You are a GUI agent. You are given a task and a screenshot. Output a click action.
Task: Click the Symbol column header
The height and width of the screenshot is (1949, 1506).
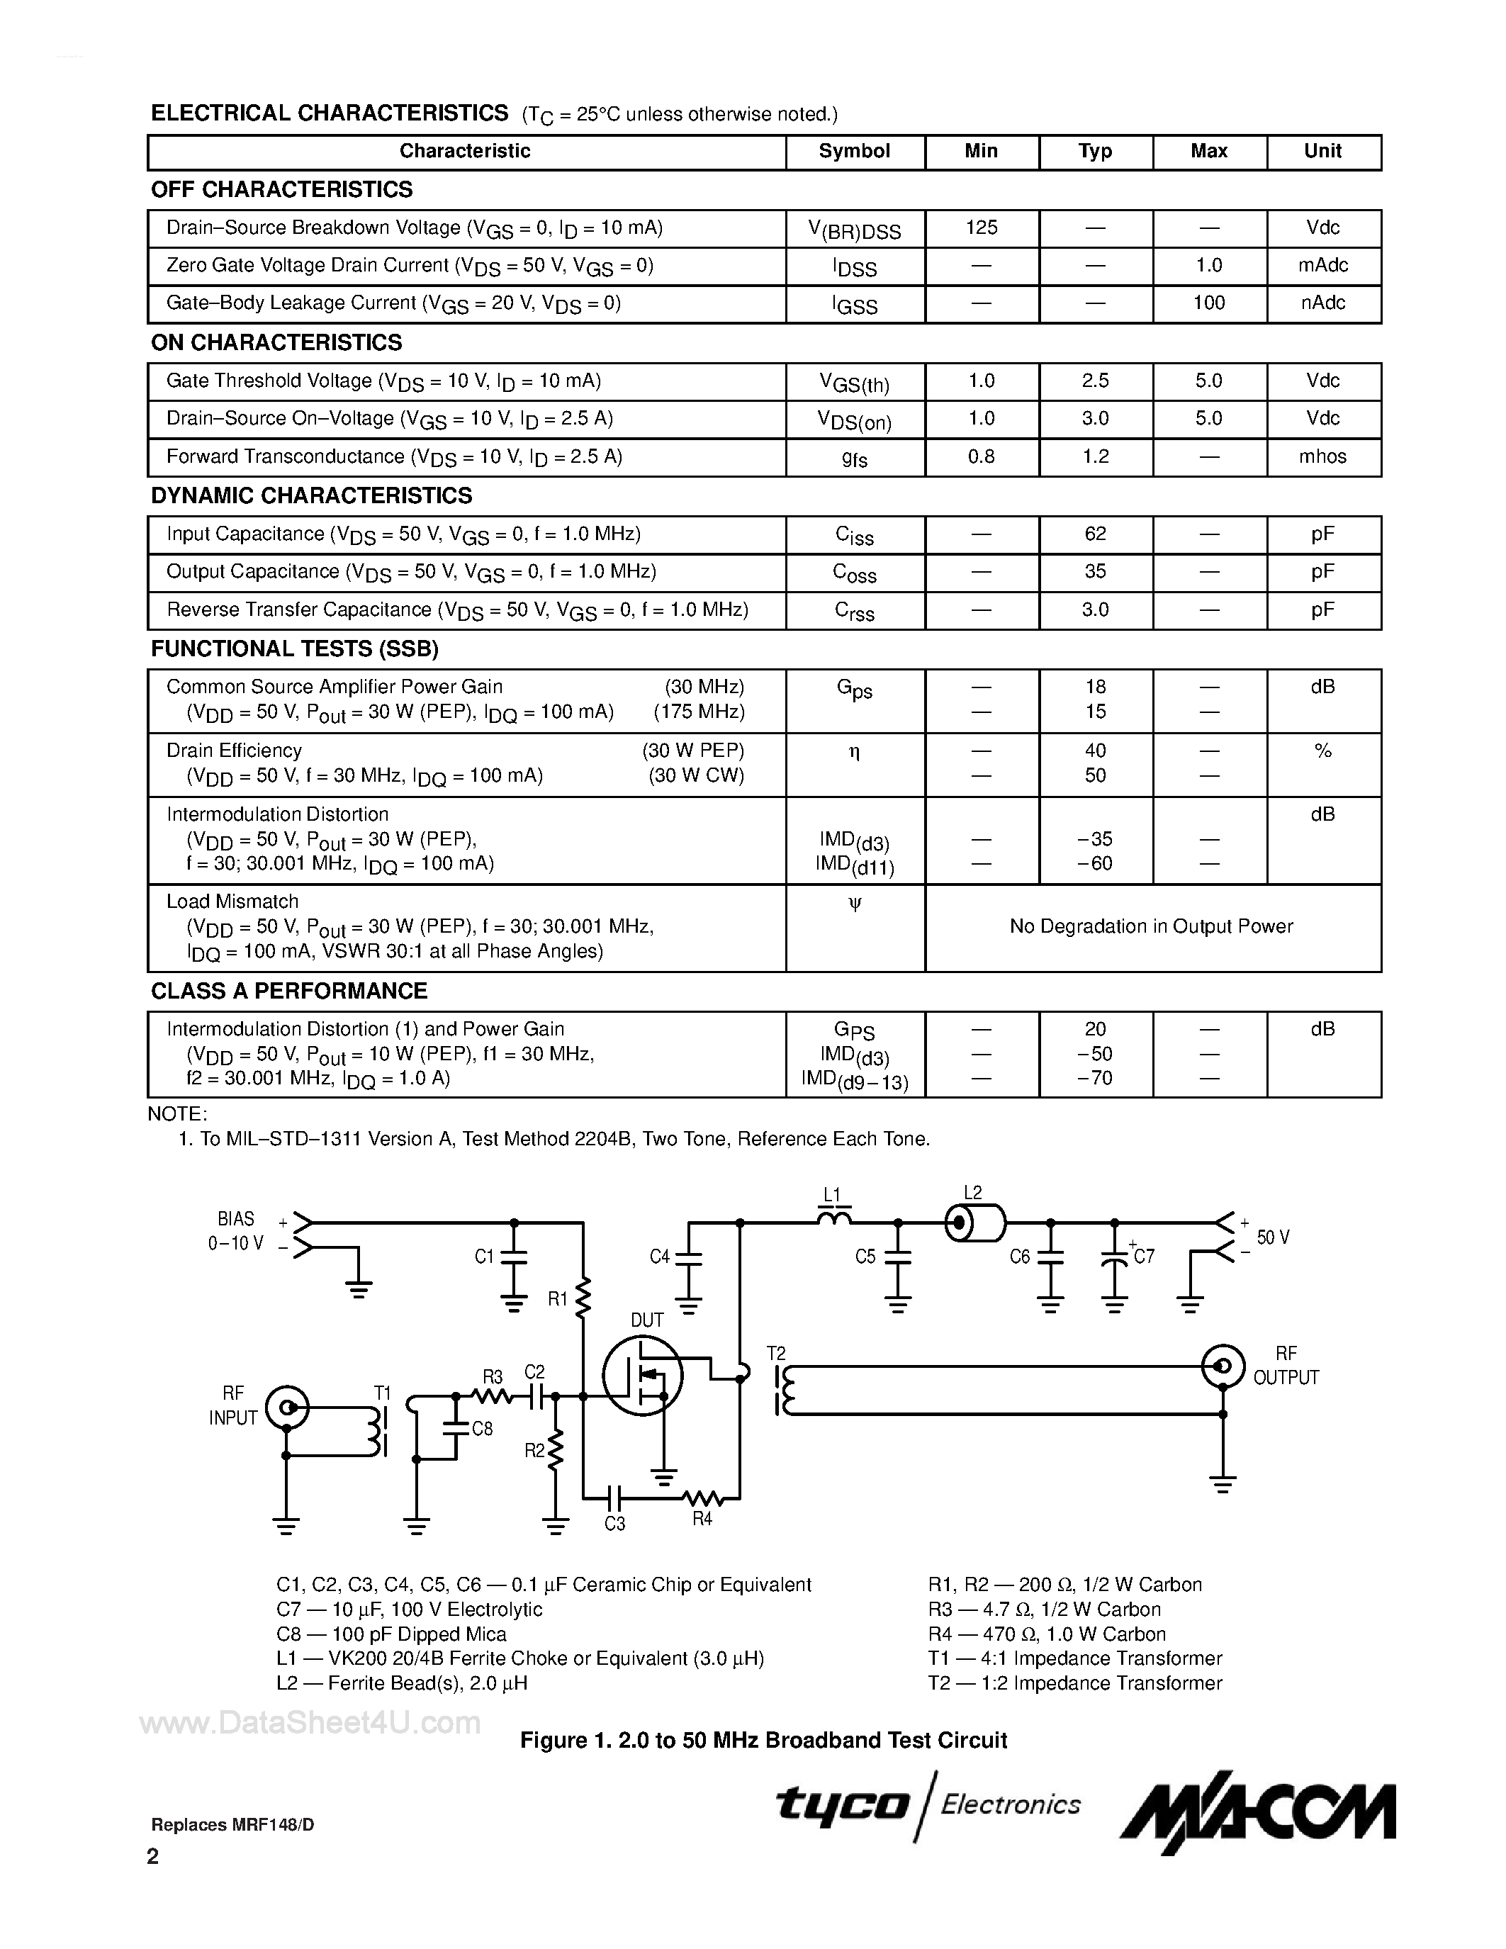pyautogui.click(x=854, y=151)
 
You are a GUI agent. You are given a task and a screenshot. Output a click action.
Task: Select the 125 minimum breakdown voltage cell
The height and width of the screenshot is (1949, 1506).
pyautogui.click(x=982, y=228)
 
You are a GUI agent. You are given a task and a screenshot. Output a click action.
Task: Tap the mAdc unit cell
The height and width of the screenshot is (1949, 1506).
pyautogui.click(x=1322, y=265)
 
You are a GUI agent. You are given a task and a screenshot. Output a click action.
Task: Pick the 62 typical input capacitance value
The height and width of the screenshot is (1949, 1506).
pyautogui.click(x=1095, y=534)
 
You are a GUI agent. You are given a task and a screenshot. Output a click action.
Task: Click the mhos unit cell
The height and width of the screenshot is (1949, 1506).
pyautogui.click(x=1322, y=457)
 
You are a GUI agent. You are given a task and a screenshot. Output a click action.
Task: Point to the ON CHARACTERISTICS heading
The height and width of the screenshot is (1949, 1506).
pyautogui.click(x=276, y=343)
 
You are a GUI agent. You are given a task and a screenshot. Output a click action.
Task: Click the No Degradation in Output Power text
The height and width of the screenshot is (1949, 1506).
pyautogui.click(x=1151, y=926)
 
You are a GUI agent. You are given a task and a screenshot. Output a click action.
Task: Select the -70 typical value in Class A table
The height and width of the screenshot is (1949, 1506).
pyautogui.click(x=1095, y=1078)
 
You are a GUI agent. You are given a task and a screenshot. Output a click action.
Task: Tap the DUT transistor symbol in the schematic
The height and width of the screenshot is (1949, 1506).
pyautogui.click(x=642, y=1375)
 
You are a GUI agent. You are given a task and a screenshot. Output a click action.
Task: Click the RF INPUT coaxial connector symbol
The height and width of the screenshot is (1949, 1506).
pyautogui.click(x=287, y=1408)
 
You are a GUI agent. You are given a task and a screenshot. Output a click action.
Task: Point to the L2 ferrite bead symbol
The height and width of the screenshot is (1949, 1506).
pyautogui.click(x=974, y=1223)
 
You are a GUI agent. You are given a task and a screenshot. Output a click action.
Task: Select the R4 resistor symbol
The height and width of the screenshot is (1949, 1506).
pyautogui.click(x=701, y=1498)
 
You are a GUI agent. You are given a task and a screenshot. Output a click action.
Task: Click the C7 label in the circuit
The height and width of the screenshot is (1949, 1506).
pyautogui.click(x=1144, y=1257)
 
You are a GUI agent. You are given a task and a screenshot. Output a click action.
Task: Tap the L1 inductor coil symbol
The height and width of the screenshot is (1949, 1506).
pyautogui.click(x=834, y=1216)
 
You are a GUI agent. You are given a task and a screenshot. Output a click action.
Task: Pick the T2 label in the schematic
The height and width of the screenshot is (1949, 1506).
pyautogui.click(x=775, y=1354)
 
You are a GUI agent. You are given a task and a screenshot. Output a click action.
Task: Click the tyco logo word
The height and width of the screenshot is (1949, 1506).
pyautogui.click(x=841, y=1804)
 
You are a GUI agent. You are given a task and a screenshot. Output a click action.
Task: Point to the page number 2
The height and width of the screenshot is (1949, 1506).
pyautogui.click(x=152, y=1856)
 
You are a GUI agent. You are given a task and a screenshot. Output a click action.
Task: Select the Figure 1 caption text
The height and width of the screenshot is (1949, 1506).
pyautogui.click(x=764, y=1740)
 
